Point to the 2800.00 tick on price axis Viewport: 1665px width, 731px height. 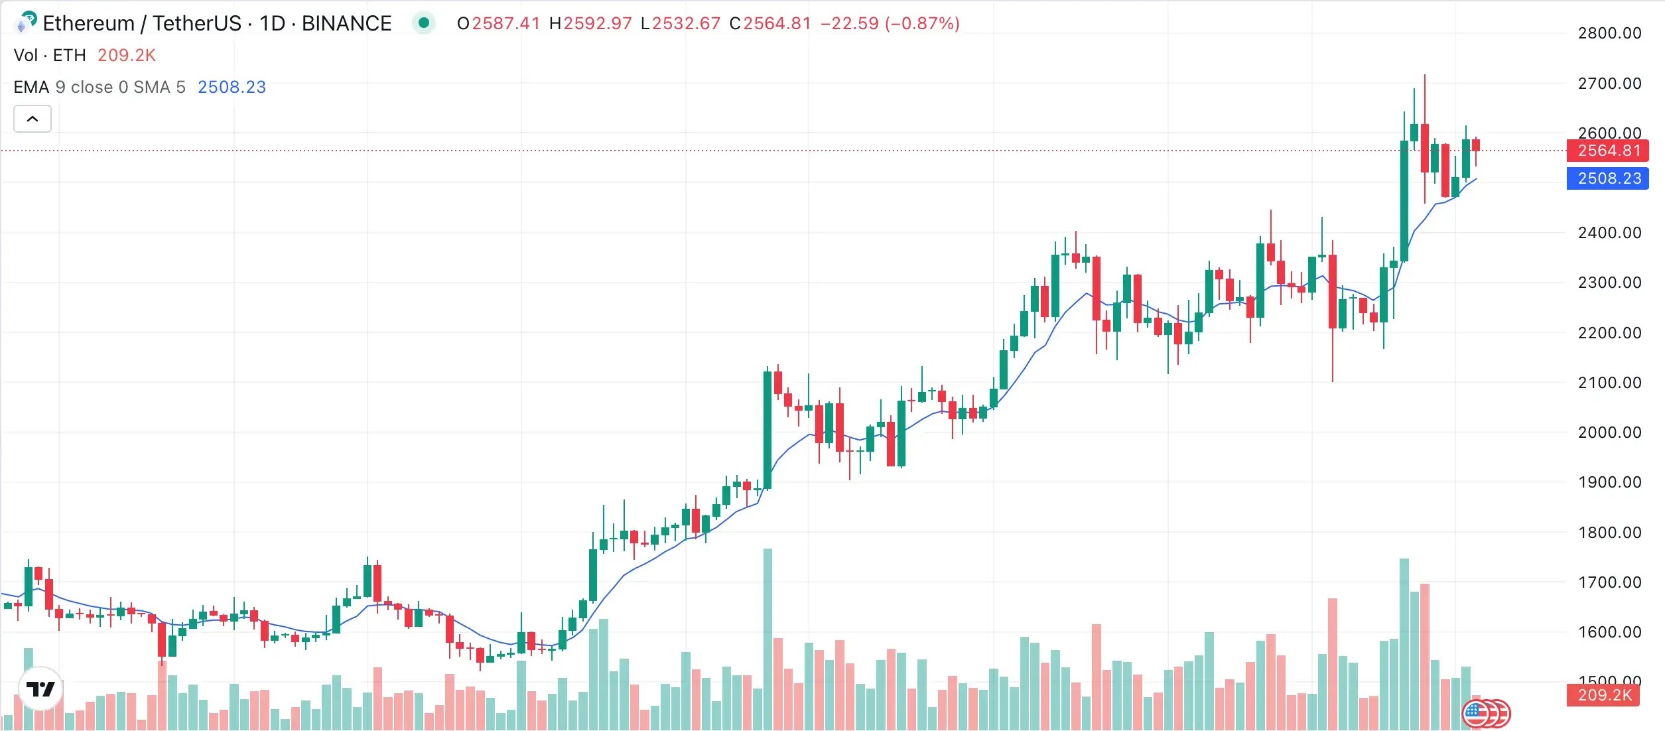tap(1609, 33)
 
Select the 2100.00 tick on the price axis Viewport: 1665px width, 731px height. tap(1609, 383)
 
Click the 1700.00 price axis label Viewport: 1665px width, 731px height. tap(1609, 582)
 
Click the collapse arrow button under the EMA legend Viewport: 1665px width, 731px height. tap(33, 119)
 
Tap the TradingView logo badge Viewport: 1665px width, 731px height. tap(40, 689)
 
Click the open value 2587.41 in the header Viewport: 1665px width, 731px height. tap(505, 24)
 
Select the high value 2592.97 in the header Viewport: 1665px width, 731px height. tap(597, 24)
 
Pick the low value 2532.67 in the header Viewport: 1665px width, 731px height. tap(686, 24)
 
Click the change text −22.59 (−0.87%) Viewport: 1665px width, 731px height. tap(890, 24)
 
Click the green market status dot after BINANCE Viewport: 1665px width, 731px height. tap(424, 23)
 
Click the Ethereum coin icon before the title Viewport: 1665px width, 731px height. tap(25, 23)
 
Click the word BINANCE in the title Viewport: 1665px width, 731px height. tap(346, 24)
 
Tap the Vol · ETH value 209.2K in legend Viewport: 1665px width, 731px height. tap(126, 55)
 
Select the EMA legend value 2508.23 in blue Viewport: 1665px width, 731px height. tap(232, 87)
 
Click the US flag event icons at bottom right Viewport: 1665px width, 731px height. tap(1486, 714)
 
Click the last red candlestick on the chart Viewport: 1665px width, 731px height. tap(1476, 145)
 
